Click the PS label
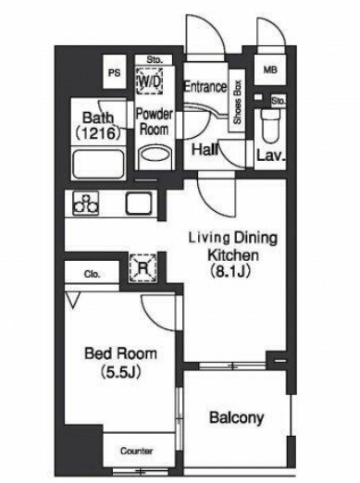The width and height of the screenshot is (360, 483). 114,73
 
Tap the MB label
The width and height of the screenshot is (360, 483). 270,70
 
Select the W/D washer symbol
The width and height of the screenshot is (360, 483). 150,80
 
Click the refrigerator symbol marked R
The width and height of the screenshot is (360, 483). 143,267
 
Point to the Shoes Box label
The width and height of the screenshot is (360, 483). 237,102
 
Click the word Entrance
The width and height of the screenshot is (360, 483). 205,87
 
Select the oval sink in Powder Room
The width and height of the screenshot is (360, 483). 155,154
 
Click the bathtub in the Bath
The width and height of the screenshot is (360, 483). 98,165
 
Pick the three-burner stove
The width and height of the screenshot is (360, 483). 86,203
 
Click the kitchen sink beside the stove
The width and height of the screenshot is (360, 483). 139,203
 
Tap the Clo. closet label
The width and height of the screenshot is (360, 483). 92,274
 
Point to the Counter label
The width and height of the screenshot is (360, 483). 136,451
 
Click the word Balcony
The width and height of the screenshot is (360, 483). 237,418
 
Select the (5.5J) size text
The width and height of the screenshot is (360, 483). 120,372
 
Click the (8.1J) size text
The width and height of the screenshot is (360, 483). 230,271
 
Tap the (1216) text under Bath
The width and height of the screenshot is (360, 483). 98,133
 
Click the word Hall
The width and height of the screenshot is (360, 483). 205,150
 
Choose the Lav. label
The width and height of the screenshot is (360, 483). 270,155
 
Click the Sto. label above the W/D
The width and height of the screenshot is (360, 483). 155,59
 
